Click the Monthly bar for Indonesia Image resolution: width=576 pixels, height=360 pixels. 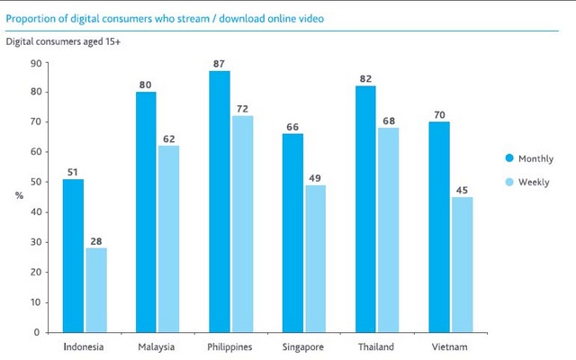[x=73, y=256]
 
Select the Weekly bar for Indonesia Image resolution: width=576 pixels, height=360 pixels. [x=95, y=290]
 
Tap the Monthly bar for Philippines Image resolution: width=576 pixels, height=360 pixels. [x=219, y=202]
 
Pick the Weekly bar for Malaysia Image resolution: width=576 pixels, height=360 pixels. [x=168, y=238]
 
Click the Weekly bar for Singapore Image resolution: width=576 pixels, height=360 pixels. [x=315, y=258]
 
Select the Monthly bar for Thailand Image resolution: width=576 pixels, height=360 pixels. [x=364, y=209]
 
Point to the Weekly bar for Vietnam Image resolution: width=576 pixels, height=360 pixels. [x=461, y=265]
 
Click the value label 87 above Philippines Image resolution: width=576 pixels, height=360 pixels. [x=219, y=64]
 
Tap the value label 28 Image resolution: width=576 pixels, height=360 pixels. [x=95, y=240]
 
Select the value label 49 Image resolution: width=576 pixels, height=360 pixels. [x=315, y=177]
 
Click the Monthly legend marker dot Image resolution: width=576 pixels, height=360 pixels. [x=509, y=158]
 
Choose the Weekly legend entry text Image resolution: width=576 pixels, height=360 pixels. [x=535, y=183]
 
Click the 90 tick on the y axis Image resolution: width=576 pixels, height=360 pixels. [x=36, y=62]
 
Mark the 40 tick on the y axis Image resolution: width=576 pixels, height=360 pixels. [x=36, y=212]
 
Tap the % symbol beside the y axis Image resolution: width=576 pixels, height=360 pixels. [x=19, y=195]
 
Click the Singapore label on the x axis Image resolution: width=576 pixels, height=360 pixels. [x=303, y=346]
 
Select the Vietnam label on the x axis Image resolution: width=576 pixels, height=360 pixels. [x=450, y=346]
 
